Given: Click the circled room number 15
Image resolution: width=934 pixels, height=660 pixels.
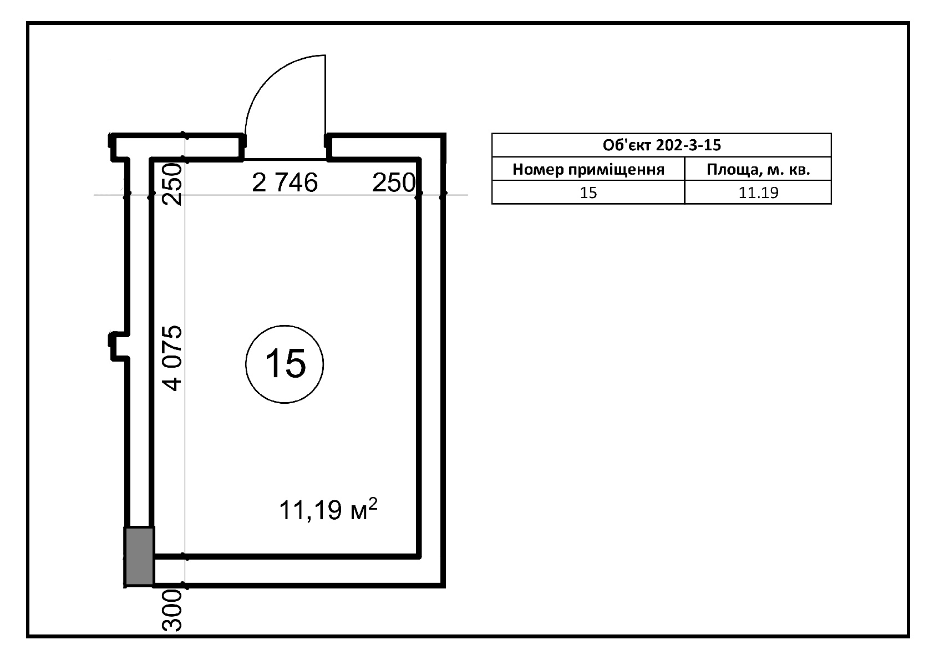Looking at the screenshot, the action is [285, 364].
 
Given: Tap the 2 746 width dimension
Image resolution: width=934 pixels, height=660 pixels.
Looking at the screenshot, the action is [285, 182].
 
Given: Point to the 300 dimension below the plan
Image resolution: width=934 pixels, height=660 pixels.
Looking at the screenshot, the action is [172, 610].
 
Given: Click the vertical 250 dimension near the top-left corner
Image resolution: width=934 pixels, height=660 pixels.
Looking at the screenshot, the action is [172, 184].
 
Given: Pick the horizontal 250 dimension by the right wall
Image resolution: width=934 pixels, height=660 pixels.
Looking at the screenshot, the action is [394, 182].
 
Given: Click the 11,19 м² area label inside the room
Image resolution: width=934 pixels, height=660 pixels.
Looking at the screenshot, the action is [328, 509].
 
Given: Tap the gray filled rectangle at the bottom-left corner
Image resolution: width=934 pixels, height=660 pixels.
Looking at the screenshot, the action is [139, 556].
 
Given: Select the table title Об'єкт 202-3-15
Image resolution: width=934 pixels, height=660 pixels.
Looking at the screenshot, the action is [661, 145].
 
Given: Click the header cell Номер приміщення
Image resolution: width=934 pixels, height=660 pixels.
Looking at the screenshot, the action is [588, 169].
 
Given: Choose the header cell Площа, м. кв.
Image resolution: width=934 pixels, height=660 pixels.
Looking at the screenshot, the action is [758, 169].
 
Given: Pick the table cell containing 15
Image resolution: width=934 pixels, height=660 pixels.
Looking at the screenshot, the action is [588, 192].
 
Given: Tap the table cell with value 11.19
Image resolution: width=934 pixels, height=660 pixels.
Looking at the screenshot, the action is [758, 192].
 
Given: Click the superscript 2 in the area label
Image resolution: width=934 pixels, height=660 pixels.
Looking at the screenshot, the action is [373, 503].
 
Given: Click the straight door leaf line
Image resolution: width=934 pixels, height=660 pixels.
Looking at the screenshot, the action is [325, 95].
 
